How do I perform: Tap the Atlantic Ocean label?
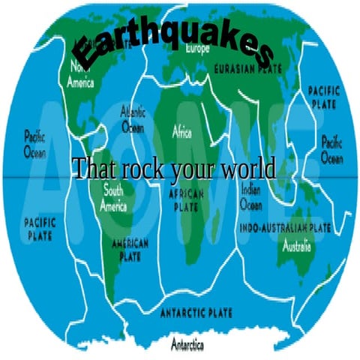(x=133, y=119)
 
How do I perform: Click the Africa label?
(x=182, y=133)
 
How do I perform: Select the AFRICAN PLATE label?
(x=182, y=198)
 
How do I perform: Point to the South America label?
(x=114, y=196)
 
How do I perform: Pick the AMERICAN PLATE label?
(x=130, y=248)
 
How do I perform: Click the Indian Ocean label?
(x=251, y=195)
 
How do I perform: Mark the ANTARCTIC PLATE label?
(x=196, y=311)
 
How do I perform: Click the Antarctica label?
(x=188, y=344)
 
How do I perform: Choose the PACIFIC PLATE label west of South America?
(x=40, y=229)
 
